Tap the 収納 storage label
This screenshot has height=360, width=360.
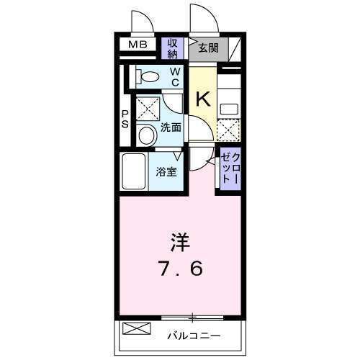[x=173, y=48]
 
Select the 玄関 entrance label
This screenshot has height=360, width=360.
[x=208, y=48]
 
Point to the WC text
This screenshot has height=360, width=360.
[x=176, y=76]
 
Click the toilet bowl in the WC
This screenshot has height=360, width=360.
[x=150, y=75]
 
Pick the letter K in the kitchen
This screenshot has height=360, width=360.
[x=203, y=99]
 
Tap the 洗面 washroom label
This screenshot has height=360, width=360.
[x=171, y=128]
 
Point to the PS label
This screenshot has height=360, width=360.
[x=125, y=119]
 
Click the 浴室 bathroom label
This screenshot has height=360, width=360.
[x=166, y=171]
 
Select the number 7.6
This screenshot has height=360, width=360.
[x=181, y=268]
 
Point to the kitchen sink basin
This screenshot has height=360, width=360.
[x=229, y=109]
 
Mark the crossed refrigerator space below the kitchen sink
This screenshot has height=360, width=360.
[x=228, y=130]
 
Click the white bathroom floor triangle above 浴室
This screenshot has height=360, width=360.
[x=177, y=154]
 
